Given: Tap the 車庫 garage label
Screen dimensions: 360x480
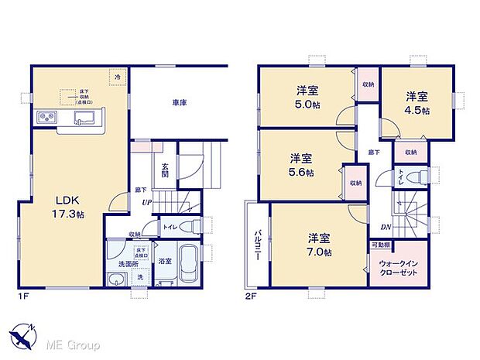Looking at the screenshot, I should point(179,102).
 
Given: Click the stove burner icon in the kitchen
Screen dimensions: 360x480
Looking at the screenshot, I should point(46,118).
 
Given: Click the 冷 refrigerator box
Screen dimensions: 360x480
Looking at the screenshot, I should point(118,77).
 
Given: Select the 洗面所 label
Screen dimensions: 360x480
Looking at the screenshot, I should point(117,263).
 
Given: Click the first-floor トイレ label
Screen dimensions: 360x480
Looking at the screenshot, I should point(169,227).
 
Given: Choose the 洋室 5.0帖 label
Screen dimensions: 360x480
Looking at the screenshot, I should point(307,96).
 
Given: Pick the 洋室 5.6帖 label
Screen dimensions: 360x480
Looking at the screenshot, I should point(301,164).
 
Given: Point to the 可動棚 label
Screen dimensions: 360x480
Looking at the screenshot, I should point(379,245).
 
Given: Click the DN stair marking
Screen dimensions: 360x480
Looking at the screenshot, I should point(385,227).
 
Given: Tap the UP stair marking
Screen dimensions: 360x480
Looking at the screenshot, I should point(146,203).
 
